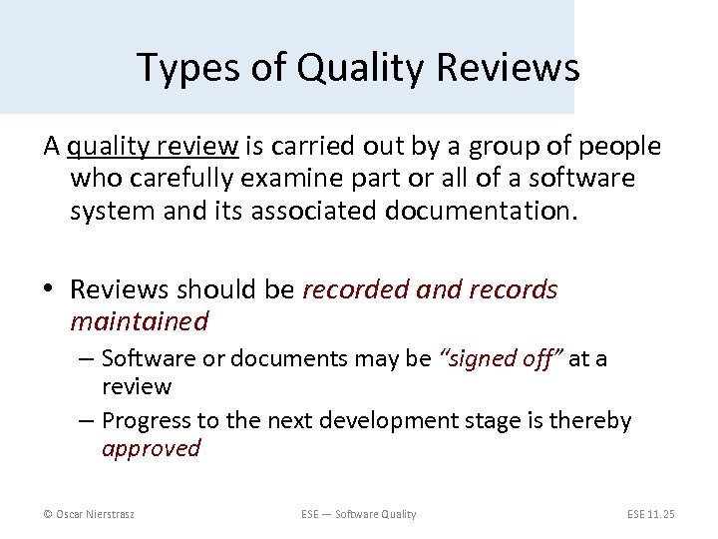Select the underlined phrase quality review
pos(153,147)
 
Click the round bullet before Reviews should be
pos(52,290)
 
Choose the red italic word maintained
pos(139,321)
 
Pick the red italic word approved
pos(151,448)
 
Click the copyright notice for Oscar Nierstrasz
pos(91,514)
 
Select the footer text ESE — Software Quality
pos(358,514)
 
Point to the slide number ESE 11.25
pos(650,514)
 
